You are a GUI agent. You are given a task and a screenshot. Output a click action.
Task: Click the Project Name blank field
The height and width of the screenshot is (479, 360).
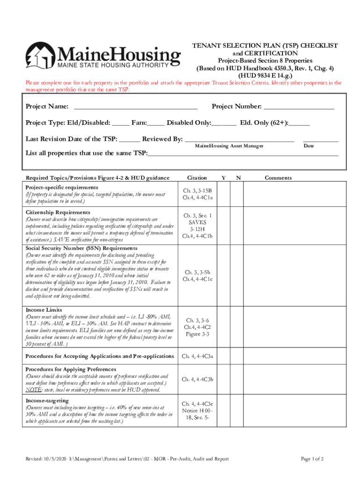(x=136, y=107)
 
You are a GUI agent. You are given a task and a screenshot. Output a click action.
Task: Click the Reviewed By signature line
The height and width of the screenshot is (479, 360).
(x=239, y=139)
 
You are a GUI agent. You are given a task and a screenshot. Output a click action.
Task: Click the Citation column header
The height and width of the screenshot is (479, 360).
(x=197, y=178)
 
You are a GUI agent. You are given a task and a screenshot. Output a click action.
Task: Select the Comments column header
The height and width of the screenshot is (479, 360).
(x=278, y=178)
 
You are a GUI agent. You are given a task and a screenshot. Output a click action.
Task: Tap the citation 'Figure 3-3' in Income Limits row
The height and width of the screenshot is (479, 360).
(x=197, y=334)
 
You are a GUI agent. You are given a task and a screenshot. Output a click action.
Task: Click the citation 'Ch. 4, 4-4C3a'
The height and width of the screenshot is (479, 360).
(x=197, y=356)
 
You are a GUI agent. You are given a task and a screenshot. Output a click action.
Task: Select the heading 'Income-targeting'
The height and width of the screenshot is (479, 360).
(x=47, y=400)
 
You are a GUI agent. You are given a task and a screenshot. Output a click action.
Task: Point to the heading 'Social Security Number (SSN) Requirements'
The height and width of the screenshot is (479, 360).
(x=81, y=248)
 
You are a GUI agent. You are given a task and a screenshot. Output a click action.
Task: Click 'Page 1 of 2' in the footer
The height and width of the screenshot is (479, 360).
(x=312, y=459)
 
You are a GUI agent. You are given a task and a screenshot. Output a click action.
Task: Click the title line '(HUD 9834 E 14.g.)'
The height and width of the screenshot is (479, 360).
(x=266, y=75)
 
